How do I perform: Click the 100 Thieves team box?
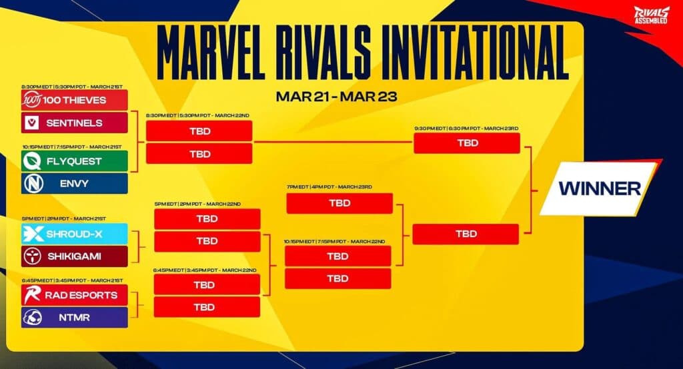point(74,99)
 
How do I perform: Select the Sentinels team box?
point(74,123)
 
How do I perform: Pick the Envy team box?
point(74,183)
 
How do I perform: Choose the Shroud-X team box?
point(74,233)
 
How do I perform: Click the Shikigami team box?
point(74,256)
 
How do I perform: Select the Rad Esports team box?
point(74,294)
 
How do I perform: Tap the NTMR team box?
point(74,317)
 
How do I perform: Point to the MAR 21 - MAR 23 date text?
point(336,96)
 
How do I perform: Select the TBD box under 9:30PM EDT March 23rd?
point(467,143)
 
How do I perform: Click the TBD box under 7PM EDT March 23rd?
point(339,203)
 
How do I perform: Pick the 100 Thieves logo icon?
point(31,99)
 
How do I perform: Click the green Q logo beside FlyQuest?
point(31,161)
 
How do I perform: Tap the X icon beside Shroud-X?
point(31,233)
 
